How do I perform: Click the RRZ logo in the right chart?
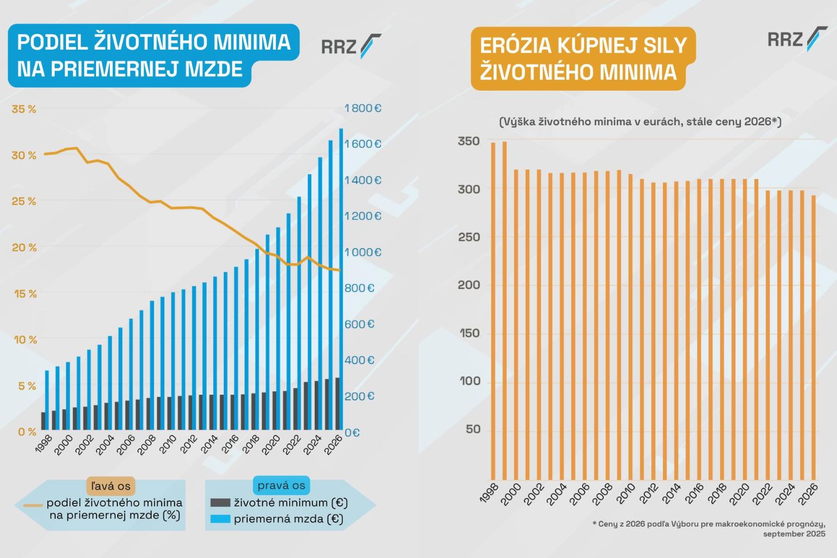point(797,39)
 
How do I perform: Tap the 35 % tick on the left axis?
point(24,109)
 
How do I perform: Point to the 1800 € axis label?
point(363,108)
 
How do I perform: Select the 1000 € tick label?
point(363,252)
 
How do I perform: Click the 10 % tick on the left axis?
point(25,340)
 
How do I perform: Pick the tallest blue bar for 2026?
point(341,279)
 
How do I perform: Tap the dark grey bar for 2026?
point(337,403)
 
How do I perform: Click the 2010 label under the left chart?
point(167,445)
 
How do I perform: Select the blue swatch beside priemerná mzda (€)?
point(220,519)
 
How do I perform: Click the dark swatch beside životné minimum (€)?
point(220,503)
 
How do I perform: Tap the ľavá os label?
point(110,486)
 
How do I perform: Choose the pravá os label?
point(281,485)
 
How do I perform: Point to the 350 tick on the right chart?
point(469,142)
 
